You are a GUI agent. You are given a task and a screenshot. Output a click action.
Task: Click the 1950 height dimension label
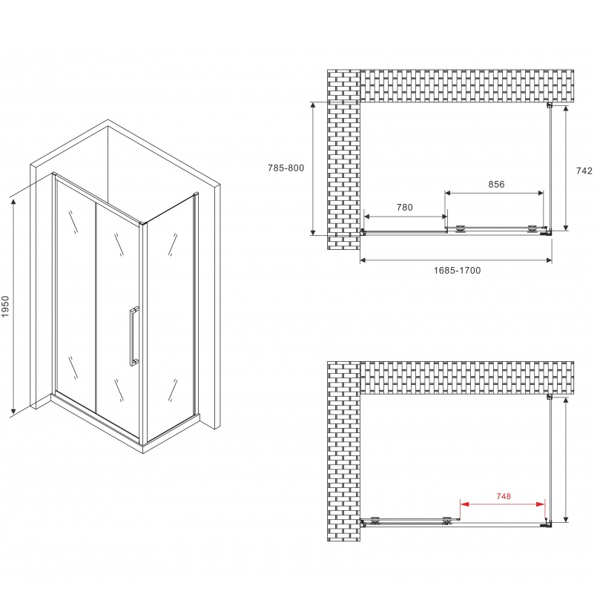tap(5, 306)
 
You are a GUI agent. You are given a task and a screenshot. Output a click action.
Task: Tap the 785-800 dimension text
tap(286, 168)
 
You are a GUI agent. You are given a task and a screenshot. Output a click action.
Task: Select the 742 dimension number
tap(584, 171)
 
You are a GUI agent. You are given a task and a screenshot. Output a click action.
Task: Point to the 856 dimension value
tap(496, 184)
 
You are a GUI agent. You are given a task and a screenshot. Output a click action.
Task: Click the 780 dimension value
tap(404, 207)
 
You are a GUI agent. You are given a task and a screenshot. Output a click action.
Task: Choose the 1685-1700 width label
tap(457, 271)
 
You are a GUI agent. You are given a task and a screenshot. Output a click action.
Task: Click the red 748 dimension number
tap(504, 496)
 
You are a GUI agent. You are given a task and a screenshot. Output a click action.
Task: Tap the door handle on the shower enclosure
tap(133, 336)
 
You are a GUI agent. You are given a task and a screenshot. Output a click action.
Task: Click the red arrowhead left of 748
tap(465, 504)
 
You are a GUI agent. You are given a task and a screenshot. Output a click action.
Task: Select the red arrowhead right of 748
tap(541, 504)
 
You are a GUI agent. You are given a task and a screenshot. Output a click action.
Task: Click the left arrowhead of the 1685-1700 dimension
tap(363, 260)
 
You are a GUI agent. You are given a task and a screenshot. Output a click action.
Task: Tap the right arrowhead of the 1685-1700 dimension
tap(549, 260)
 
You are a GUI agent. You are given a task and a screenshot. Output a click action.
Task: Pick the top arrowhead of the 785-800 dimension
tap(313, 105)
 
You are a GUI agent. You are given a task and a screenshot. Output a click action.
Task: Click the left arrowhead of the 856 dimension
tap(448, 194)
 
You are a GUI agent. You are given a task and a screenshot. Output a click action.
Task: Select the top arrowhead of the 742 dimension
tap(566, 109)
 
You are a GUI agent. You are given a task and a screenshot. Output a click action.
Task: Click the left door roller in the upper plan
tap(461, 228)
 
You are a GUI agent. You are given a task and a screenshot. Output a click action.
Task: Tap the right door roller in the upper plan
tap(532, 228)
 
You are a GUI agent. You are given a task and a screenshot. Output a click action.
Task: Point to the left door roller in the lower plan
tap(375, 521)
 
